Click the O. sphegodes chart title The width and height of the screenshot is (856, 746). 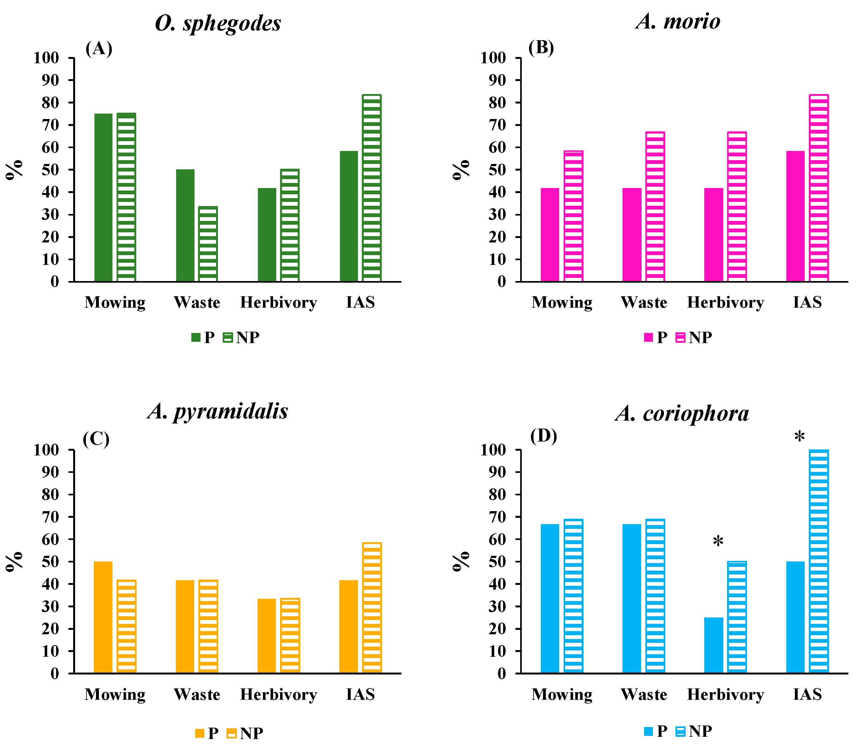click(x=218, y=23)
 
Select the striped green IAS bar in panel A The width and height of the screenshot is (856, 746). click(x=371, y=188)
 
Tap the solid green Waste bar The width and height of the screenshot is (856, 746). click(x=185, y=225)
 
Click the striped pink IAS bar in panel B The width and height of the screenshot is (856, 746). click(x=819, y=188)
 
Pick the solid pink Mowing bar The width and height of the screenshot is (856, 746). click(x=550, y=235)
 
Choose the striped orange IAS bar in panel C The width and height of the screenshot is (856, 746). click(x=372, y=608)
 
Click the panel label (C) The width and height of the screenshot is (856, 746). click(x=96, y=439)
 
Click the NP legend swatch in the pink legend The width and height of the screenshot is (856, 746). click(x=680, y=337)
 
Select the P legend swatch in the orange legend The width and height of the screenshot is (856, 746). click(x=200, y=733)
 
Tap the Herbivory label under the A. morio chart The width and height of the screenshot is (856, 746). click(x=725, y=302)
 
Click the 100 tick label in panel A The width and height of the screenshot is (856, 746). click(x=46, y=58)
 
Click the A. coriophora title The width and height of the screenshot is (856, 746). click(x=682, y=413)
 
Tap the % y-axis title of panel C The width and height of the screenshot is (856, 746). click(x=15, y=561)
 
